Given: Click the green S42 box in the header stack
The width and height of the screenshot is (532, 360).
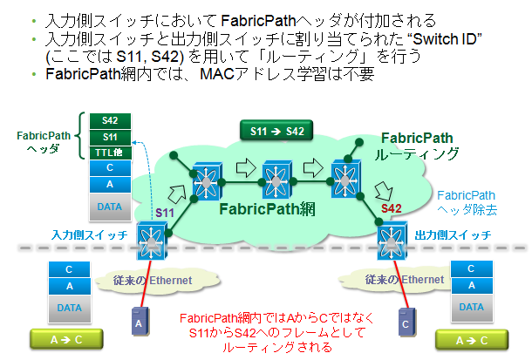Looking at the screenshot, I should click(x=109, y=120).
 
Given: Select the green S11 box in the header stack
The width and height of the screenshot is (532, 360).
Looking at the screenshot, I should click(x=109, y=136).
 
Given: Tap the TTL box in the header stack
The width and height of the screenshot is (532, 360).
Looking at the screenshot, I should click(x=109, y=152).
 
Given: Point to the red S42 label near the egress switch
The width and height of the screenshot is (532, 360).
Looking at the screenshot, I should click(x=391, y=209).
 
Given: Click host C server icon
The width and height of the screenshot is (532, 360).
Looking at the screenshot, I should click(x=404, y=323).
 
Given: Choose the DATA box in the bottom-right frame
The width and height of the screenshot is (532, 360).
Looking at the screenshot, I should click(x=471, y=307).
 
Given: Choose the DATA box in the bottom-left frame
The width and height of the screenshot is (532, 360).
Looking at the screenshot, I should click(x=70, y=307).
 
